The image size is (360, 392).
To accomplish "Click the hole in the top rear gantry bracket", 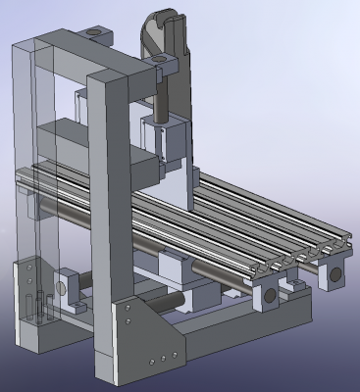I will click(x=93, y=32).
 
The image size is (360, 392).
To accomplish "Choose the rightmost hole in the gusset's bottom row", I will click(x=176, y=351).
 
